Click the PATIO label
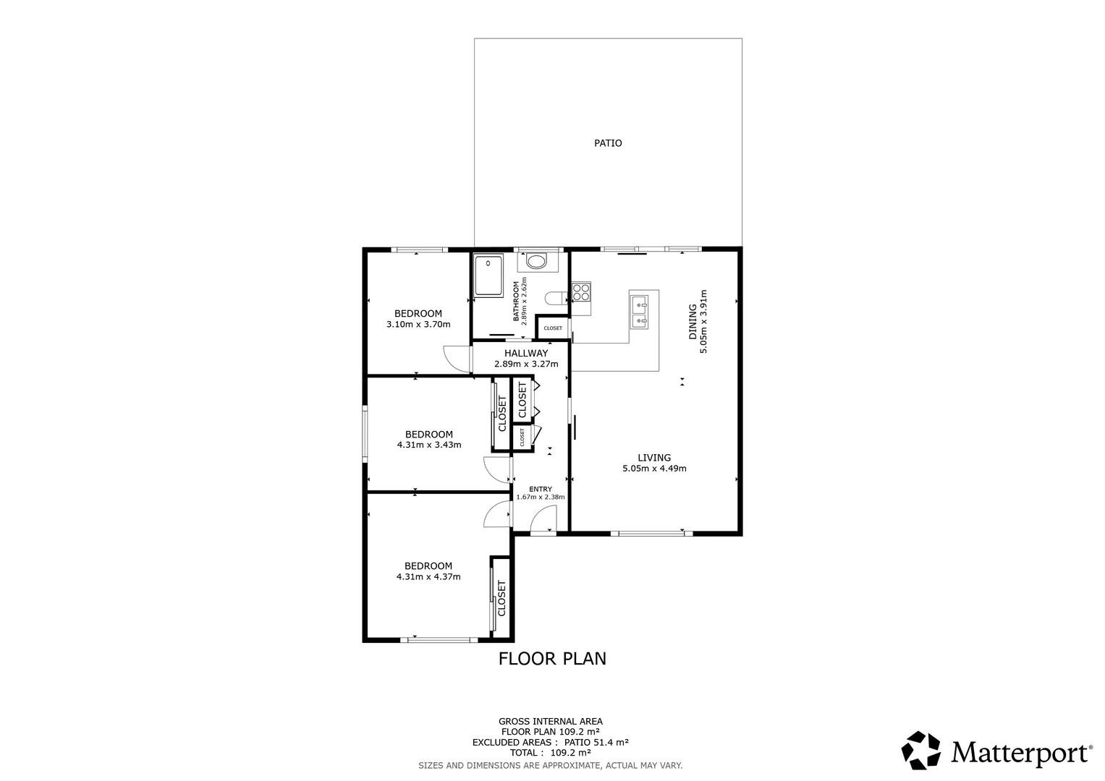coord(608,143)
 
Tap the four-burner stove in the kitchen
coord(581,291)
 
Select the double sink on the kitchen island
coord(638,312)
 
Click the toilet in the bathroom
coord(554,298)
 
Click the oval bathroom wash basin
coord(536,261)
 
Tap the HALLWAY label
coord(526,353)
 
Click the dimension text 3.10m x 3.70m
coord(418,325)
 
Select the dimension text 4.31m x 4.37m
coord(428,577)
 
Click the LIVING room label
coord(654,458)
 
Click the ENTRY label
coord(541,490)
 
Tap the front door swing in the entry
coord(543,519)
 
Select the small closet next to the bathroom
coord(552,328)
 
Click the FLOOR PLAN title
coord(552,659)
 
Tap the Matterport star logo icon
coord(921,751)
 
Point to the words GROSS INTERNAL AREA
coord(550,721)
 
